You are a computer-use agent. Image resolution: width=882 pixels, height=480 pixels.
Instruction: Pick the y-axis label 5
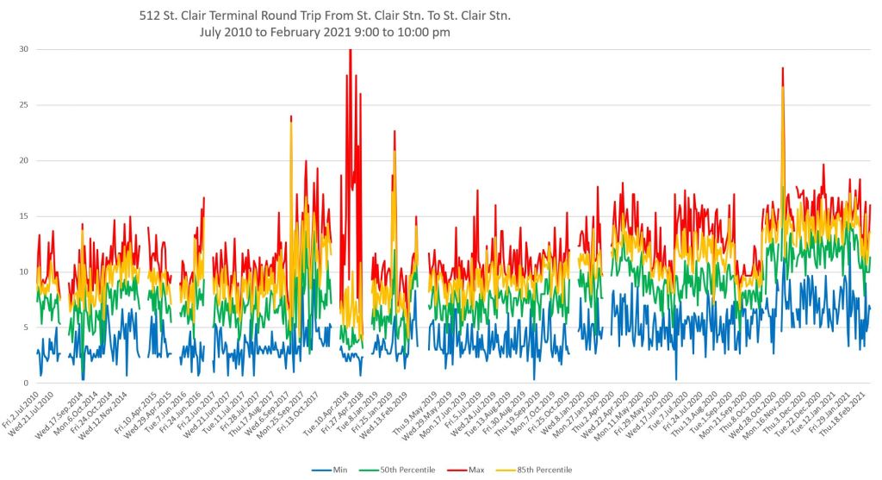(25, 327)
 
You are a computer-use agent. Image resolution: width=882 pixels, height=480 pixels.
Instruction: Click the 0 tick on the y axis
(25, 383)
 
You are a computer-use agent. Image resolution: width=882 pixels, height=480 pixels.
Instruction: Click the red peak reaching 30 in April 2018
(350, 52)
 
